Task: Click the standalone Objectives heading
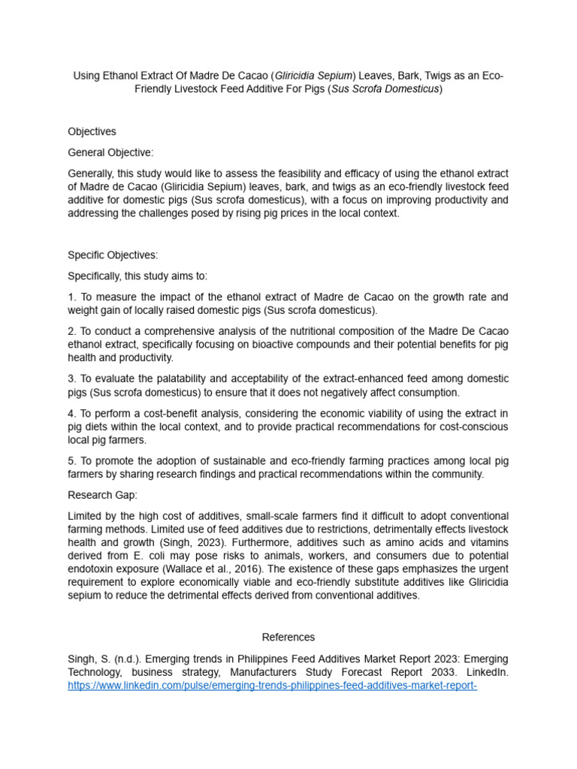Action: click(92, 131)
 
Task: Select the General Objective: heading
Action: click(110, 152)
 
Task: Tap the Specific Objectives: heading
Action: click(113, 255)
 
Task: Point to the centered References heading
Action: click(288, 637)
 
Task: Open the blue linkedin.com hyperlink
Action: click(273, 686)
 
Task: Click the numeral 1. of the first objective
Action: click(72, 297)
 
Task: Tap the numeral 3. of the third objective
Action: click(72, 378)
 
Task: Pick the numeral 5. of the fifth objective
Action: click(72, 460)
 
